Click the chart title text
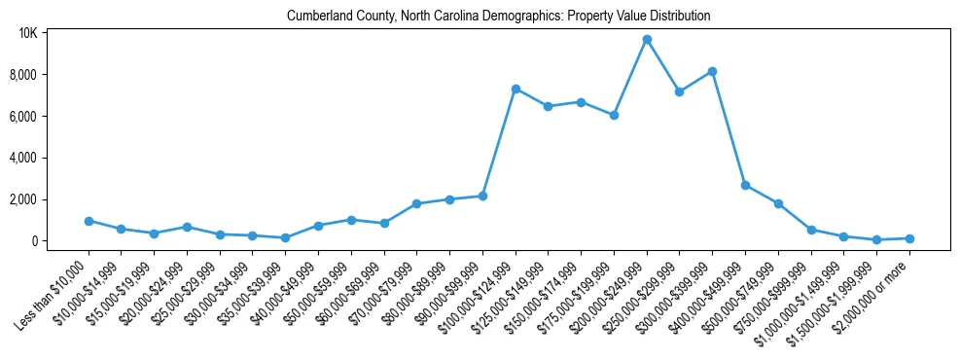[x=498, y=17]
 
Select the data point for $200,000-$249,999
[x=647, y=40]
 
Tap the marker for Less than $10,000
[x=89, y=221]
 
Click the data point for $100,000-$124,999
[x=516, y=89]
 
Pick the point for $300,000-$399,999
[x=712, y=71]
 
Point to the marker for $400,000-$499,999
[x=745, y=185]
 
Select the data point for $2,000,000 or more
[x=909, y=238]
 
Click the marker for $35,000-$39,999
[x=285, y=237]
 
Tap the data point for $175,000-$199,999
[x=614, y=115]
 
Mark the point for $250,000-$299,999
[x=679, y=92]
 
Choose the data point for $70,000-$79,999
[x=416, y=203]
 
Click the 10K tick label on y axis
[x=27, y=33]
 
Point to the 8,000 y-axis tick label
[x=23, y=75]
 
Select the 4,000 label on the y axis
[x=23, y=158]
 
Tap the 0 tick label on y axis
[x=33, y=241]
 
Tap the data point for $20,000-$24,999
[x=187, y=227]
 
